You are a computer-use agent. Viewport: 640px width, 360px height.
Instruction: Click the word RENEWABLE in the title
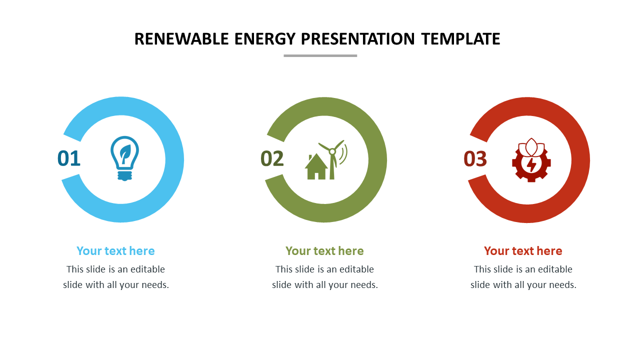click(x=181, y=39)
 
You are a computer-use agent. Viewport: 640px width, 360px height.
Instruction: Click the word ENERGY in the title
click(x=265, y=39)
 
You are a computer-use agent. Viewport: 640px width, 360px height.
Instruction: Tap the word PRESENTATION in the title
click(x=357, y=39)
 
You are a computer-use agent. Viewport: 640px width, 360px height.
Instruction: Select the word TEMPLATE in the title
click(x=460, y=39)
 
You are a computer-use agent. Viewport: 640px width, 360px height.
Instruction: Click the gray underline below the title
click(x=320, y=55)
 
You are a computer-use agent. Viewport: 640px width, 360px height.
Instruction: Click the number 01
click(x=69, y=158)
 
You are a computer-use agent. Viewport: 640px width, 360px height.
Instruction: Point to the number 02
click(x=272, y=158)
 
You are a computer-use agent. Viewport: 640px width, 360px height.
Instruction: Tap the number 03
click(x=475, y=159)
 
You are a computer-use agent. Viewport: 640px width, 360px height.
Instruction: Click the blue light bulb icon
click(x=125, y=158)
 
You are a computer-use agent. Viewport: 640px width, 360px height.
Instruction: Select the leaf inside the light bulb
click(x=125, y=153)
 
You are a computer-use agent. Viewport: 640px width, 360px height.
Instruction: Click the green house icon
click(x=316, y=166)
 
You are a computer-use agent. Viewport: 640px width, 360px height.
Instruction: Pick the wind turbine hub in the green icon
click(x=332, y=151)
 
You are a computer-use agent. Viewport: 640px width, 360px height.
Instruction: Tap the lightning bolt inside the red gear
click(x=531, y=164)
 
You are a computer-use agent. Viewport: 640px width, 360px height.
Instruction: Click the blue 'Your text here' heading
click(x=115, y=251)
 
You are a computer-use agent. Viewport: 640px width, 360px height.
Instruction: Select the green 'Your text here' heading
click(x=324, y=251)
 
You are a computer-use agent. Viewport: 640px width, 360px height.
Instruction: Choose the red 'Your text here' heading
click(x=523, y=251)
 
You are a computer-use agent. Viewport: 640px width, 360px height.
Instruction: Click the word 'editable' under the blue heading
click(x=147, y=269)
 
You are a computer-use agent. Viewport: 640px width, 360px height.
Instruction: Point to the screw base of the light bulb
click(x=125, y=175)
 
